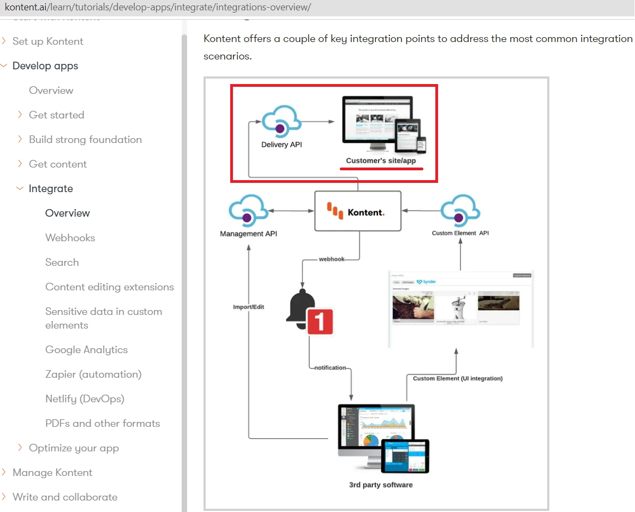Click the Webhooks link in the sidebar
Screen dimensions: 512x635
tap(70, 238)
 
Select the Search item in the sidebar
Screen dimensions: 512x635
tap(62, 263)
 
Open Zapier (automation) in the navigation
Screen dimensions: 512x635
tap(93, 374)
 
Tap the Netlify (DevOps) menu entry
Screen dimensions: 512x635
tap(85, 399)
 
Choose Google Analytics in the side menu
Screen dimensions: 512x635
tap(86, 350)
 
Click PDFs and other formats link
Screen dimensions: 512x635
tap(103, 424)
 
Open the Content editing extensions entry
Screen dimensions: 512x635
tap(109, 287)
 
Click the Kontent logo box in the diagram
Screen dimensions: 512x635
tap(357, 211)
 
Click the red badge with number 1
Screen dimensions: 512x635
tap(320, 322)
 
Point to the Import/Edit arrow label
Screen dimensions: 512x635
tap(248, 307)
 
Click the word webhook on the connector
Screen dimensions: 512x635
tap(332, 259)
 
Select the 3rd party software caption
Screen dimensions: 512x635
tap(380, 485)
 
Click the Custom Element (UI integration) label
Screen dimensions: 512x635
tap(457, 378)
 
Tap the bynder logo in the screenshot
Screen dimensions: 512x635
tap(426, 282)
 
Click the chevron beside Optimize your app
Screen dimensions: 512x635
tap(20, 448)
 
